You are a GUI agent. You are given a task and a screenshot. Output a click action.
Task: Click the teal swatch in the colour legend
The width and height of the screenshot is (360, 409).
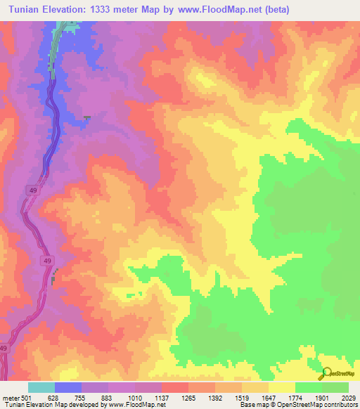[41, 387]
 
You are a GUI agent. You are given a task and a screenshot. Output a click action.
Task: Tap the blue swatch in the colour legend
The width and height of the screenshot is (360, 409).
[68, 387]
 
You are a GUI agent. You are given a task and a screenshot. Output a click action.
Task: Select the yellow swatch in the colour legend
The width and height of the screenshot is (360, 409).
[282, 387]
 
